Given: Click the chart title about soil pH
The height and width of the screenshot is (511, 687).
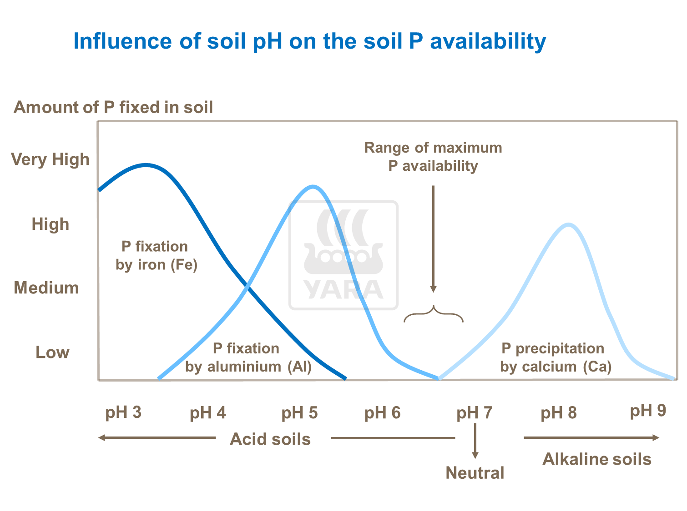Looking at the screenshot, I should [309, 41].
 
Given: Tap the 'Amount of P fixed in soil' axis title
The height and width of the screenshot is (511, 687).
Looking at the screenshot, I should [113, 107].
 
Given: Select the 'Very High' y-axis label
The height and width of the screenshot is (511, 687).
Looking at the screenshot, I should [51, 159].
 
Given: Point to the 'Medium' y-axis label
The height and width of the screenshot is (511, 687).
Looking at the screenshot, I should [46, 288].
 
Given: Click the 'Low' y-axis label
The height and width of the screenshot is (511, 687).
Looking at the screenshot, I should [52, 352].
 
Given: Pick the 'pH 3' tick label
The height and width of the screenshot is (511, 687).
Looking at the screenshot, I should [123, 412].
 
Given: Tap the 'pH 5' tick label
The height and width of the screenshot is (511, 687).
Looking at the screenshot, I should [299, 413].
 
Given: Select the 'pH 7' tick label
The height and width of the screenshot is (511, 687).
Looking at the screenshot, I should [475, 413].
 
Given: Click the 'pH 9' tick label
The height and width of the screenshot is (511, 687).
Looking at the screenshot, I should [648, 411].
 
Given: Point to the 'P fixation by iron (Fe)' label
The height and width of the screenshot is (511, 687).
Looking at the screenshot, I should [156, 255].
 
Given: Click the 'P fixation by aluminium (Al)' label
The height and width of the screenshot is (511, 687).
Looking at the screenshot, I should [248, 357].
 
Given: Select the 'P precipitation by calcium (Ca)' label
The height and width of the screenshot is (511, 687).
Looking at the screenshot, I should [556, 357].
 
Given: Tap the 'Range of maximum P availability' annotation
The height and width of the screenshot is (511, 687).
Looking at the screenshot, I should [433, 157].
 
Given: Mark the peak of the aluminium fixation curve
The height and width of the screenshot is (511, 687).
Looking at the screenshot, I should [313, 187].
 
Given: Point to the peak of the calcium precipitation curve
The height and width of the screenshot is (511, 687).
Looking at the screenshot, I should [568, 224].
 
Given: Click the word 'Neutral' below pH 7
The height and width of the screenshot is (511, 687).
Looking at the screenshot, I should [475, 473].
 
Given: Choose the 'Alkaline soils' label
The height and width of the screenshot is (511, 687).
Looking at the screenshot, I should [597, 459].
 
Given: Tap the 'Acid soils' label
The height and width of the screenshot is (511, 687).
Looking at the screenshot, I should [270, 439].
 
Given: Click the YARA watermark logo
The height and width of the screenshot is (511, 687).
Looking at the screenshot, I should [343, 255].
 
